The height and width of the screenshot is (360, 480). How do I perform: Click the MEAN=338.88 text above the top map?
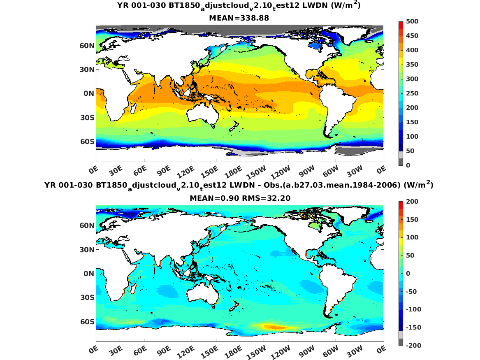coord(240,18)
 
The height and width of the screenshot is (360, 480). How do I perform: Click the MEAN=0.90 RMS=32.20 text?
coord(240,198)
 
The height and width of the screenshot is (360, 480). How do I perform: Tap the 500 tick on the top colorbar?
coord(412,21)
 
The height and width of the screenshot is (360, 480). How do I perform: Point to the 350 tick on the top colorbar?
coord(412,65)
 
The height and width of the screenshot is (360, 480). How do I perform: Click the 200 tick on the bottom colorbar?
coord(412,202)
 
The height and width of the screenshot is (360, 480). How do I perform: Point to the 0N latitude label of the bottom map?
coord(88,274)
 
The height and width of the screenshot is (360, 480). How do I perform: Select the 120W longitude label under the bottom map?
coord(283,350)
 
